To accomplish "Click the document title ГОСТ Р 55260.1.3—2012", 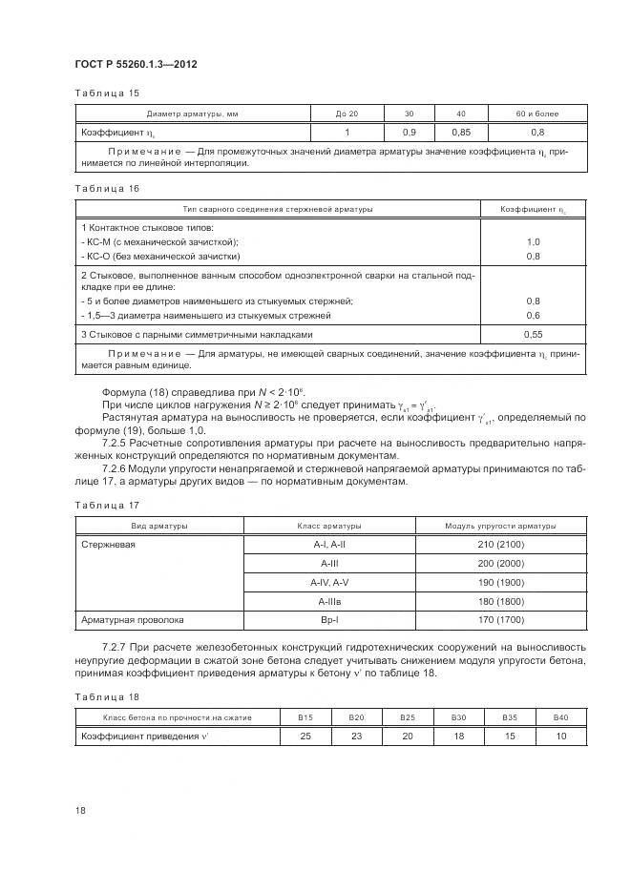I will pyautogui.click(x=137, y=64).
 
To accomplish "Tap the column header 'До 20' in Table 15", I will pyautogui.click(x=347, y=114).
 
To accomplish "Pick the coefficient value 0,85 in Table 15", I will pyautogui.click(x=460, y=132).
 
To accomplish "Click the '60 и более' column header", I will pyautogui.click(x=537, y=114).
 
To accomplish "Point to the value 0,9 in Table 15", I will pyautogui.click(x=409, y=132).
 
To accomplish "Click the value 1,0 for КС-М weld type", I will pyautogui.click(x=533, y=242).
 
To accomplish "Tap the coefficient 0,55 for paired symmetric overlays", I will pyautogui.click(x=533, y=335).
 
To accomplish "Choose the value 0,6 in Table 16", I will pyautogui.click(x=533, y=315).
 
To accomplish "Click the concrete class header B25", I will pyautogui.click(x=408, y=716).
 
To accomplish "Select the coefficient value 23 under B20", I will pyautogui.click(x=356, y=736).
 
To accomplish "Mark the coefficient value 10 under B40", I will pyautogui.click(x=559, y=736).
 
